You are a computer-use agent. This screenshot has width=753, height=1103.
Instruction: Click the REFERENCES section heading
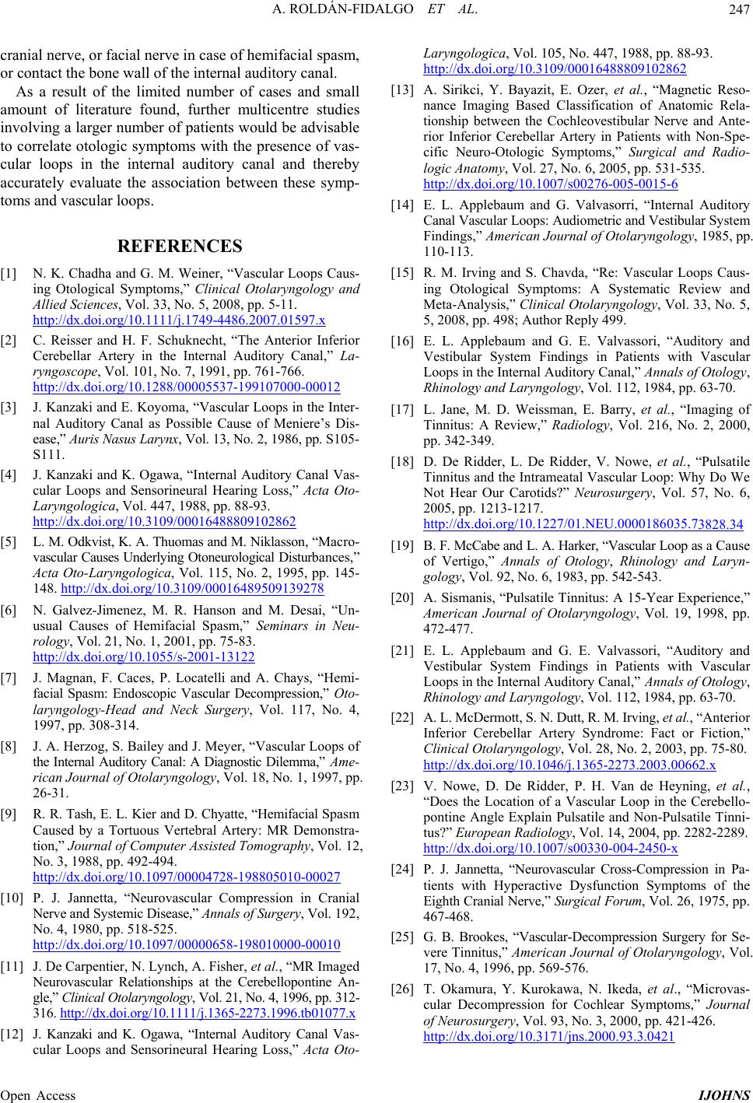pyautogui.click(x=180, y=247)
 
